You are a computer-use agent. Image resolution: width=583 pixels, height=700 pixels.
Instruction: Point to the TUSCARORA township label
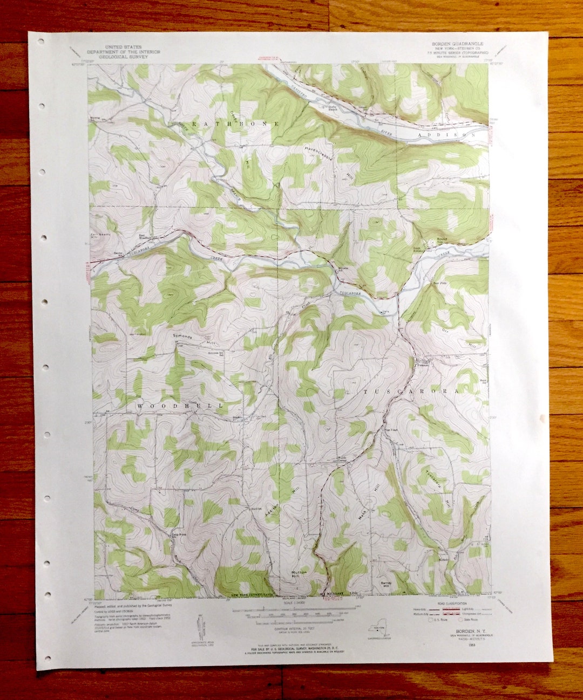tap(411, 391)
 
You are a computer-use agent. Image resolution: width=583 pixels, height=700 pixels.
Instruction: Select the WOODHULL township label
tap(179, 404)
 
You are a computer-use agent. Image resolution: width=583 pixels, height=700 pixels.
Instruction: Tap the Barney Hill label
tap(385, 584)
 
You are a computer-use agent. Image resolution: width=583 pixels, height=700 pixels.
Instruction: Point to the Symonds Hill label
tap(182, 339)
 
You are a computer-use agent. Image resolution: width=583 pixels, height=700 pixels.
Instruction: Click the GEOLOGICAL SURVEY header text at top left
tap(124, 56)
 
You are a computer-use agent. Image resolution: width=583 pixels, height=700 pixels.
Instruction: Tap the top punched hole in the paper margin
tap(41, 42)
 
